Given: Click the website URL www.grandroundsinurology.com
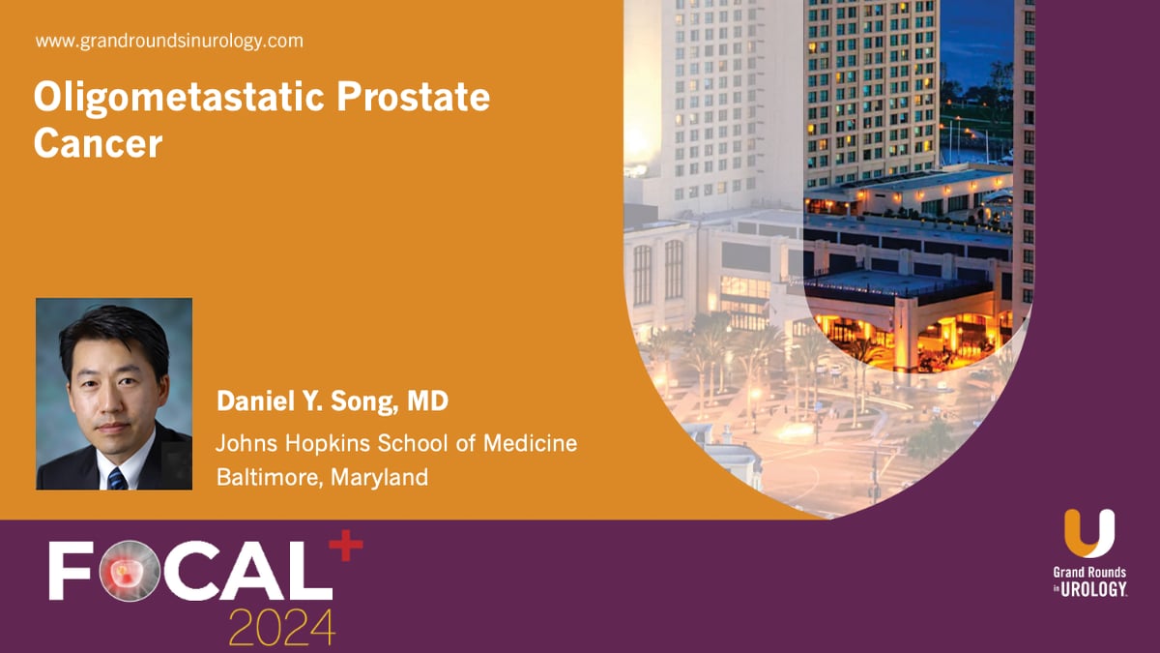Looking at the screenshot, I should (169, 42).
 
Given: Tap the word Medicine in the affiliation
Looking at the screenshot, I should (531, 443).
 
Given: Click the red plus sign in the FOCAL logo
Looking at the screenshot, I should (346, 549).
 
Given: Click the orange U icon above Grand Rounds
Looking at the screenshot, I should (1089, 534).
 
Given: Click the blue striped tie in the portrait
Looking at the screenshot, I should (117, 477).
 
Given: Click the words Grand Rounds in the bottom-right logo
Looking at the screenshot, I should (1089, 573).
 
